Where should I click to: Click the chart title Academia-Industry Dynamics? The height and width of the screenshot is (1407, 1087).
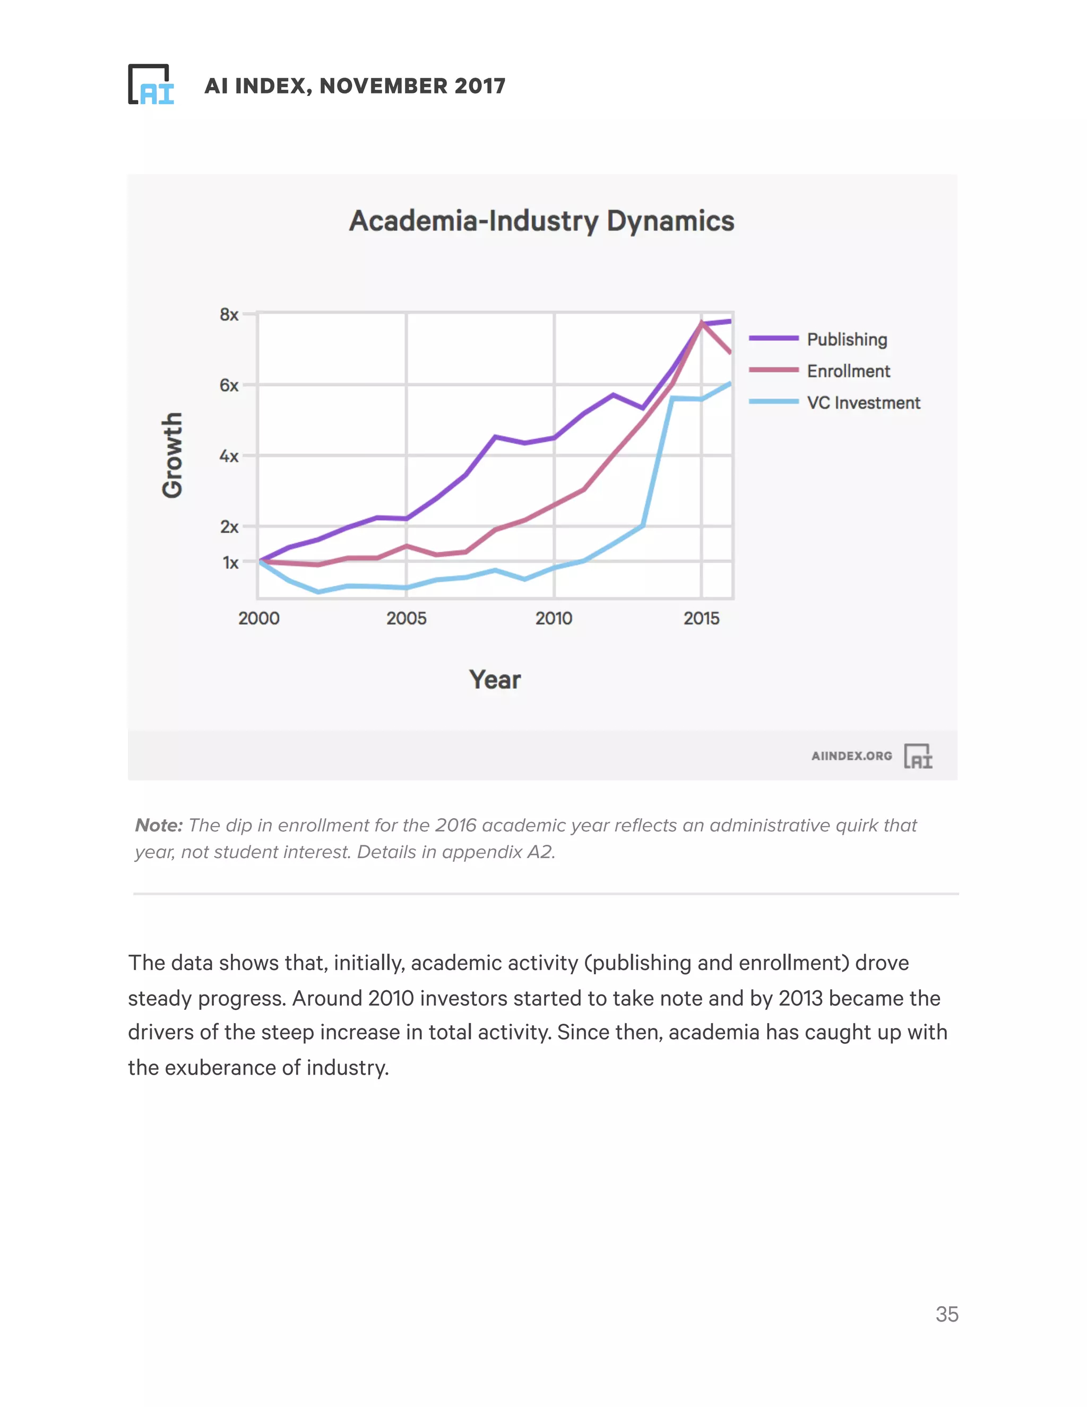[541, 221]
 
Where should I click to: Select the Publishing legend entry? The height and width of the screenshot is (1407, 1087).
[846, 339]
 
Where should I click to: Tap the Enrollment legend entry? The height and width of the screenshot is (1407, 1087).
[848, 371]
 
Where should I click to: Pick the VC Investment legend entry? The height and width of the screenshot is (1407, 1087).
[863, 402]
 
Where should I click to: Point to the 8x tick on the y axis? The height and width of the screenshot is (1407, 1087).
[229, 314]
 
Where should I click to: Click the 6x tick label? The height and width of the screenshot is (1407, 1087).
[229, 385]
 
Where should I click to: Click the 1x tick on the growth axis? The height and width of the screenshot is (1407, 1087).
[230, 562]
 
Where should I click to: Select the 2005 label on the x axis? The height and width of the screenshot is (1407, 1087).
[407, 619]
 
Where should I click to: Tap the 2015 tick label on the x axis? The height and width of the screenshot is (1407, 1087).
[701, 619]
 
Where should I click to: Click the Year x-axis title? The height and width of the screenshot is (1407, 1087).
[495, 680]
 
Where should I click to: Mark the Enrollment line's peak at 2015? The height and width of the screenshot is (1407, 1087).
[701, 323]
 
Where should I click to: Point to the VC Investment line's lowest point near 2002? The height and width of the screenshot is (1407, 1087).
[318, 591]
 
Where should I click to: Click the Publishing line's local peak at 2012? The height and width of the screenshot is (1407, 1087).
[613, 394]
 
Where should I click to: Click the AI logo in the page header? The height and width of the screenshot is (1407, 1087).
[151, 84]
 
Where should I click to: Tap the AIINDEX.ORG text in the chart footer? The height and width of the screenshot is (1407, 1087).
[851, 756]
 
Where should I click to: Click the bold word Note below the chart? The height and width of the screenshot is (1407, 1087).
[158, 825]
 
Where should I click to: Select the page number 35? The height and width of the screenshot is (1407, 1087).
[947, 1314]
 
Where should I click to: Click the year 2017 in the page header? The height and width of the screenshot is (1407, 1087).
[480, 85]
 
